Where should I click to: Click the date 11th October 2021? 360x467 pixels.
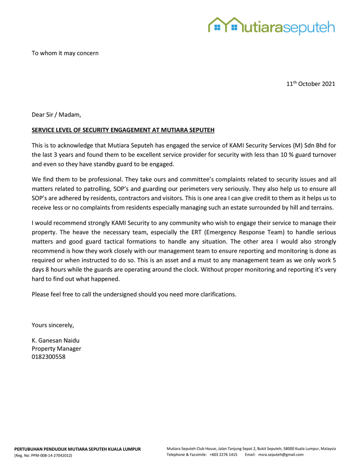310,84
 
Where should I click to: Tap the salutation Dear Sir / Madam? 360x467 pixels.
56,115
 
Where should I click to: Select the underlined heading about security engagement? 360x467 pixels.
123,130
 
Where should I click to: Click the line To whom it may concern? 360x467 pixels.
65,53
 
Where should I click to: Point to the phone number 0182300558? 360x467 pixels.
49,357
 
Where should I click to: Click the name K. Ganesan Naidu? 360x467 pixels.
55,340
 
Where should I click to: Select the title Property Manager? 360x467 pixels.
56,349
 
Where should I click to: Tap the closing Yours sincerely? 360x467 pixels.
53,325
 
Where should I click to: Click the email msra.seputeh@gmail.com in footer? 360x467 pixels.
281,455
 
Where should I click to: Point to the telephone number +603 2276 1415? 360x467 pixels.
223,455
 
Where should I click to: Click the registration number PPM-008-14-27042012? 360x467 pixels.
51,456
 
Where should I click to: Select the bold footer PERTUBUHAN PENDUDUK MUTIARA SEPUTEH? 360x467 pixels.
77,449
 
